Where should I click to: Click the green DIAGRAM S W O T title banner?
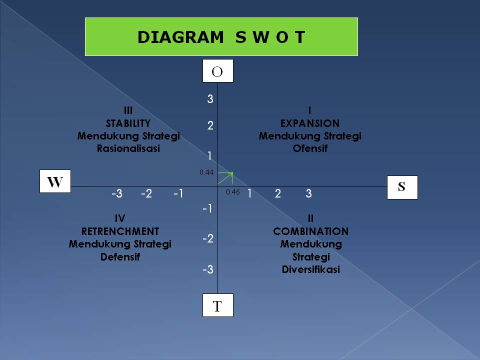pos(221,36)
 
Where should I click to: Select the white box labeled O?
pos(217,71)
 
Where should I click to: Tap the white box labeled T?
pos(217,305)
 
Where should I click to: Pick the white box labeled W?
pos(55,181)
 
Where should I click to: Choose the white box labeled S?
pos(402,187)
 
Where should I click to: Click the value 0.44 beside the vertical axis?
pos(206,172)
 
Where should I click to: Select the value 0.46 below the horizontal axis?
pos(233,192)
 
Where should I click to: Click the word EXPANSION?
pos(310,123)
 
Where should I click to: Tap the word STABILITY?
pos(128,123)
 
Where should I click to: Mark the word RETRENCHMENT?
pos(120,231)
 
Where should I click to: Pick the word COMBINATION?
pos(310,231)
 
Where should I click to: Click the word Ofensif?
pos(310,149)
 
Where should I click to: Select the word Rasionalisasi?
pos(128,149)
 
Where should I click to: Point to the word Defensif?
pos(120,257)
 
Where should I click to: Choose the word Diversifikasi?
pos(310,270)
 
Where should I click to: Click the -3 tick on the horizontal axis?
pos(116,194)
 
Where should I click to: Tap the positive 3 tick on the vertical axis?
pos(210,99)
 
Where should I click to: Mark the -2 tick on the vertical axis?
pos(208,239)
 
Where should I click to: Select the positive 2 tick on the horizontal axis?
pos(278,194)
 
